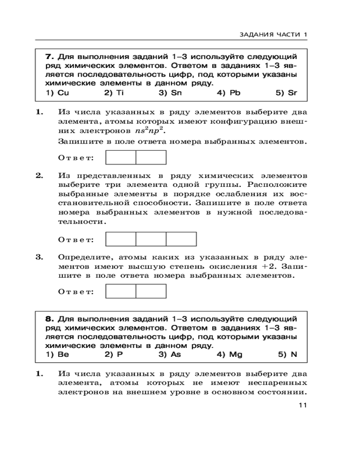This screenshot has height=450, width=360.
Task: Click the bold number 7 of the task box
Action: (49, 57)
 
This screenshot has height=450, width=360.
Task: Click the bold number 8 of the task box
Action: (49, 319)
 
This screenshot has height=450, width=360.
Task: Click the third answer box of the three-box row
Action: (181, 238)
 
